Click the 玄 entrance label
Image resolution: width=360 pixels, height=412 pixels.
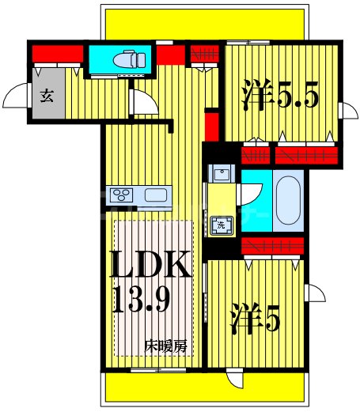point(47,96)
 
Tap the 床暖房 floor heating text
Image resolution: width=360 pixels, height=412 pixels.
point(165,346)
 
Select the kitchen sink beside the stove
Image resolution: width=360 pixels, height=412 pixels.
point(157,195)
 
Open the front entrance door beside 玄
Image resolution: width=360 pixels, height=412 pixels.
point(16,98)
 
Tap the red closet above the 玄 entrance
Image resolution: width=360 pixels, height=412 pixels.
point(57,54)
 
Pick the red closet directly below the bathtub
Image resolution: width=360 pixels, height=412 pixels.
point(273,247)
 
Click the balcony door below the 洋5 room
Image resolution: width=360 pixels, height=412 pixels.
point(234,380)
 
